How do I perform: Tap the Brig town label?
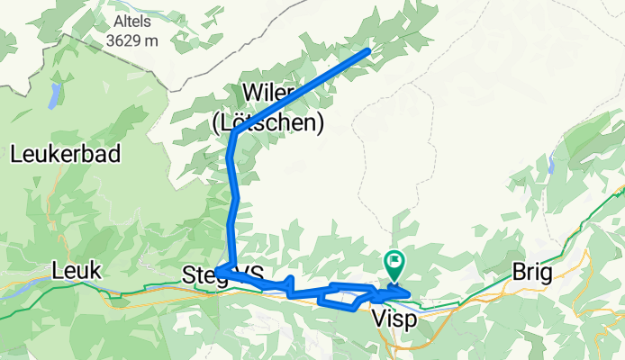[x=530, y=272]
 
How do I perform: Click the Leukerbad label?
[x=66, y=155]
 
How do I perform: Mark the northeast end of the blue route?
[x=368, y=51]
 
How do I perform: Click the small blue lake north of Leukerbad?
[x=55, y=95]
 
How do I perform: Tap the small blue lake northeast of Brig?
[x=550, y=165]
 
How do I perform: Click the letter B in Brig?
[x=517, y=272]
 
